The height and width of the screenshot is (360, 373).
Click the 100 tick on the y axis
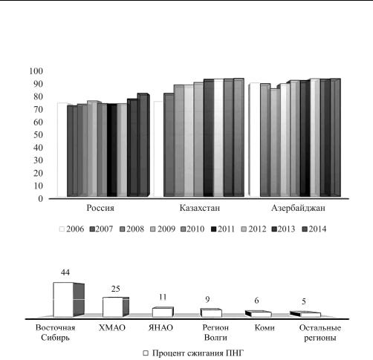(36, 71)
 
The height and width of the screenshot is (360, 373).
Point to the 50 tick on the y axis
(39, 135)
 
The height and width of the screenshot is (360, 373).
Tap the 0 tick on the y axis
(41, 199)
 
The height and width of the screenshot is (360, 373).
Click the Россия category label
(100, 208)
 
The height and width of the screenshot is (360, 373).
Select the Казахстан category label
(200, 208)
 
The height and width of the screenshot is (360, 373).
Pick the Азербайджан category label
(298, 208)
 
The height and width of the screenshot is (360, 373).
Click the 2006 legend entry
(72, 229)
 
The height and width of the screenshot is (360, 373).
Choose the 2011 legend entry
(223, 229)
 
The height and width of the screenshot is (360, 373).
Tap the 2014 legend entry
(314, 229)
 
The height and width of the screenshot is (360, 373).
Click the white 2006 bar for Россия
(62, 150)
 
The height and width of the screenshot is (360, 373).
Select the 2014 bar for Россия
(143, 145)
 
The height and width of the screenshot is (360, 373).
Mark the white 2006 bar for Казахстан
(158, 149)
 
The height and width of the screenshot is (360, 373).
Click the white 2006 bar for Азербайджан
(255, 140)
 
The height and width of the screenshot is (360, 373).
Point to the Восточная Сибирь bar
(68, 300)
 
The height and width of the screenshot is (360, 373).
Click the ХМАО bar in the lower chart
(116, 307)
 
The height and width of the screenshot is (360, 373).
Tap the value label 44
(65, 272)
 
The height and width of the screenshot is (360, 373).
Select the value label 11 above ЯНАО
(163, 297)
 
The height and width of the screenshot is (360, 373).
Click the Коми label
(265, 328)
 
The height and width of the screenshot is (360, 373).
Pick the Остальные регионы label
(320, 333)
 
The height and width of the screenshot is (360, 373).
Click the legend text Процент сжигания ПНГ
(198, 353)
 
